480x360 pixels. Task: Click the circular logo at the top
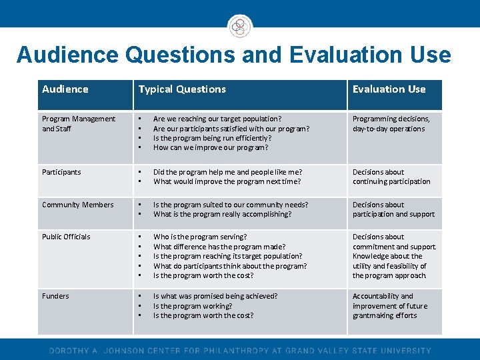240,26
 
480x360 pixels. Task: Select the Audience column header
65,89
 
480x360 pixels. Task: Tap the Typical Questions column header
182,89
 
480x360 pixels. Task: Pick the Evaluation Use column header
389,89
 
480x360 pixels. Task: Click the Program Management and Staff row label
79,124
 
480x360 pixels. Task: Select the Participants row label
61,172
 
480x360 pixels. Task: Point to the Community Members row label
78,205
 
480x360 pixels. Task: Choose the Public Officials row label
66,237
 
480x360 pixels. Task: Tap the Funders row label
55,296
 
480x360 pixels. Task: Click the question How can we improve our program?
211,148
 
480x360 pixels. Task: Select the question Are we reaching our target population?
217,119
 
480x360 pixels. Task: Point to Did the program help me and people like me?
227,172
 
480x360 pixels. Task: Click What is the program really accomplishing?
222,215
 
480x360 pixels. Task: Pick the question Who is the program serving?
200,237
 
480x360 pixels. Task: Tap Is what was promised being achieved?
215,296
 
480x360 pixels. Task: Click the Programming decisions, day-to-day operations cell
391,124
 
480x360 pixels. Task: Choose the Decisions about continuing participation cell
391,177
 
